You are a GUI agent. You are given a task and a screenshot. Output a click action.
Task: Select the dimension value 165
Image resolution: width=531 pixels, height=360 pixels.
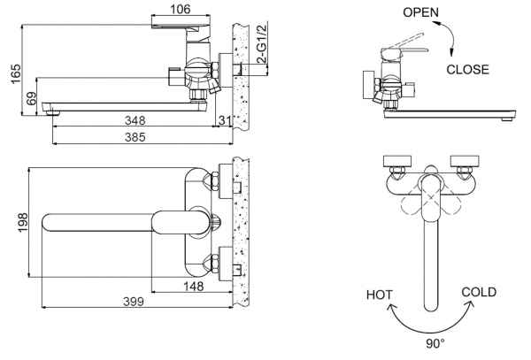click(x=10, y=79)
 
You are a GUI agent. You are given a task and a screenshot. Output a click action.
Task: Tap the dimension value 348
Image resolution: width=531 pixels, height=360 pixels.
click(x=135, y=119)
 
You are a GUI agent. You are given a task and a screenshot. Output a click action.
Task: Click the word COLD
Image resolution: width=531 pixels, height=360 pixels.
click(x=479, y=292)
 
